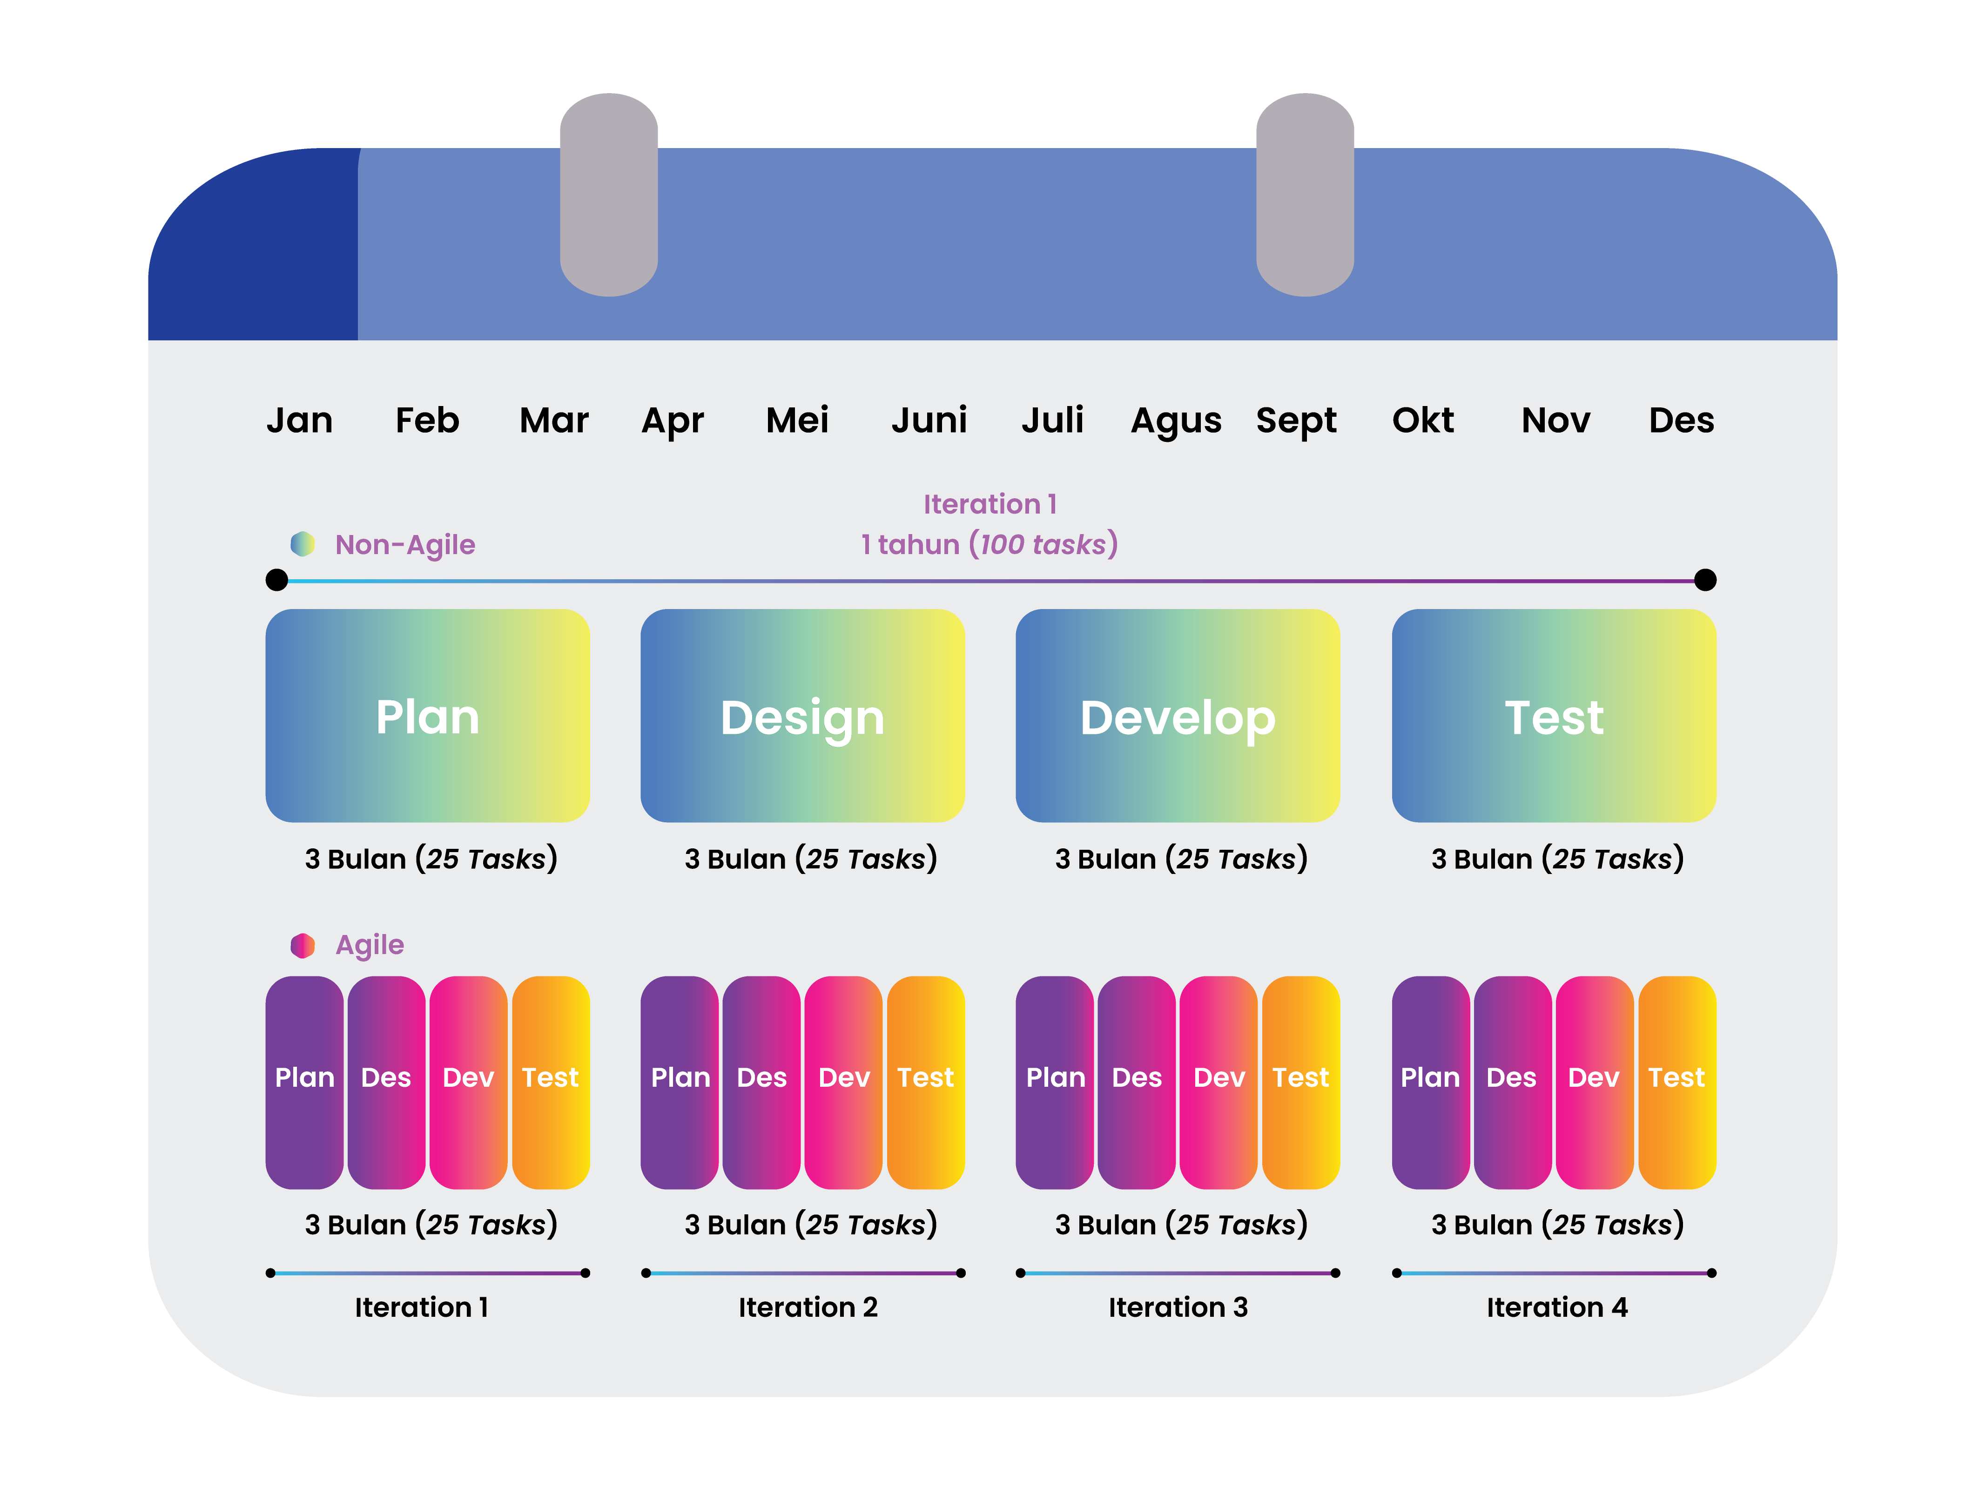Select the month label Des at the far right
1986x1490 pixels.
[1681, 420]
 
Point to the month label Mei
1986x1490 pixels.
[797, 420]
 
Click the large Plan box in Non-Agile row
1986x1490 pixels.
[427, 716]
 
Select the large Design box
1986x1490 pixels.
[803, 716]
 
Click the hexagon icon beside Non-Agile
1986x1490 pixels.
[303, 543]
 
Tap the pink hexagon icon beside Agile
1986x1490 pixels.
[303, 945]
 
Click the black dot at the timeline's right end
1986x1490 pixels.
[1705, 580]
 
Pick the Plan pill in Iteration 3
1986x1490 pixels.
[1055, 1082]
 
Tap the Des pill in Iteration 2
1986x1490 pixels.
[761, 1082]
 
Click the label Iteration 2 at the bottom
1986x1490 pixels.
[808, 1307]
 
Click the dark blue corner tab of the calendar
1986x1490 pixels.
[253, 244]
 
